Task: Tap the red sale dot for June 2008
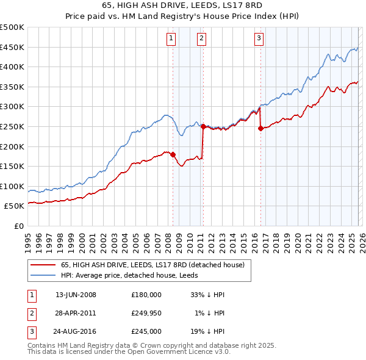point(173,154)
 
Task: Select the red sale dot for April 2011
point(203,127)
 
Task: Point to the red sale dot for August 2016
point(260,129)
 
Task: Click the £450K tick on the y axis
point(13,47)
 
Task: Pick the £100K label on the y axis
point(13,186)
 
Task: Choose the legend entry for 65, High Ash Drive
point(152,265)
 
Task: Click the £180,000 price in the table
point(146,295)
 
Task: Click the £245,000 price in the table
point(146,331)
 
